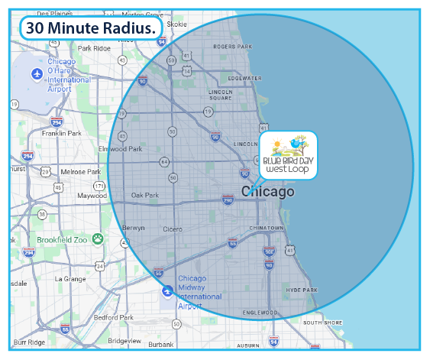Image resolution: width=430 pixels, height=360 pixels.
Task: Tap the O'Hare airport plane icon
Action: tap(37, 73)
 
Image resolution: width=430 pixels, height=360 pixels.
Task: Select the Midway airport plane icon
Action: tap(167, 291)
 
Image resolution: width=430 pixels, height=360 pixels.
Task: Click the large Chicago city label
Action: tap(268, 192)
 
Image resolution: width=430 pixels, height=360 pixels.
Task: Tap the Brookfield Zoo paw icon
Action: tap(98, 239)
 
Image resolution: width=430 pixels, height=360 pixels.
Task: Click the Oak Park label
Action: tap(144, 196)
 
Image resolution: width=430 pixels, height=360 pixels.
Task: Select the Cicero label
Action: tap(172, 229)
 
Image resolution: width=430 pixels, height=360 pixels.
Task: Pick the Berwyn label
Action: tap(134, 229)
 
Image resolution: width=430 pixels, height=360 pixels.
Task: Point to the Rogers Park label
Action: tap(231, 47)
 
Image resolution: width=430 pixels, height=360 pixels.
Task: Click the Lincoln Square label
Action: tap(220, 95)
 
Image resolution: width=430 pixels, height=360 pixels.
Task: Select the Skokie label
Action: tap(176, 24)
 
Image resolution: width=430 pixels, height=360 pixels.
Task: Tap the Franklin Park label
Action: tap(61, 133)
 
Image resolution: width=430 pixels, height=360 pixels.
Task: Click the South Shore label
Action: tap(322, 323)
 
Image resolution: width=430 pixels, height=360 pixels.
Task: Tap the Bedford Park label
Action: tap(113, 317)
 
